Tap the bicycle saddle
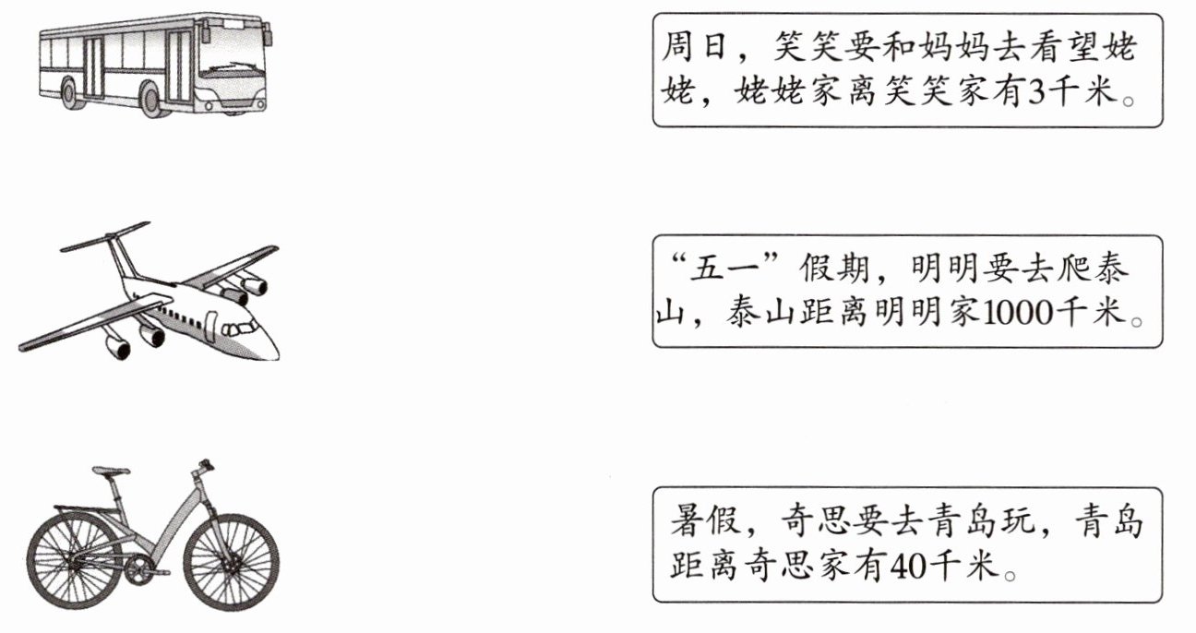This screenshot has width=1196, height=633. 111,472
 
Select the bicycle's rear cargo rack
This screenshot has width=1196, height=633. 83,508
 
